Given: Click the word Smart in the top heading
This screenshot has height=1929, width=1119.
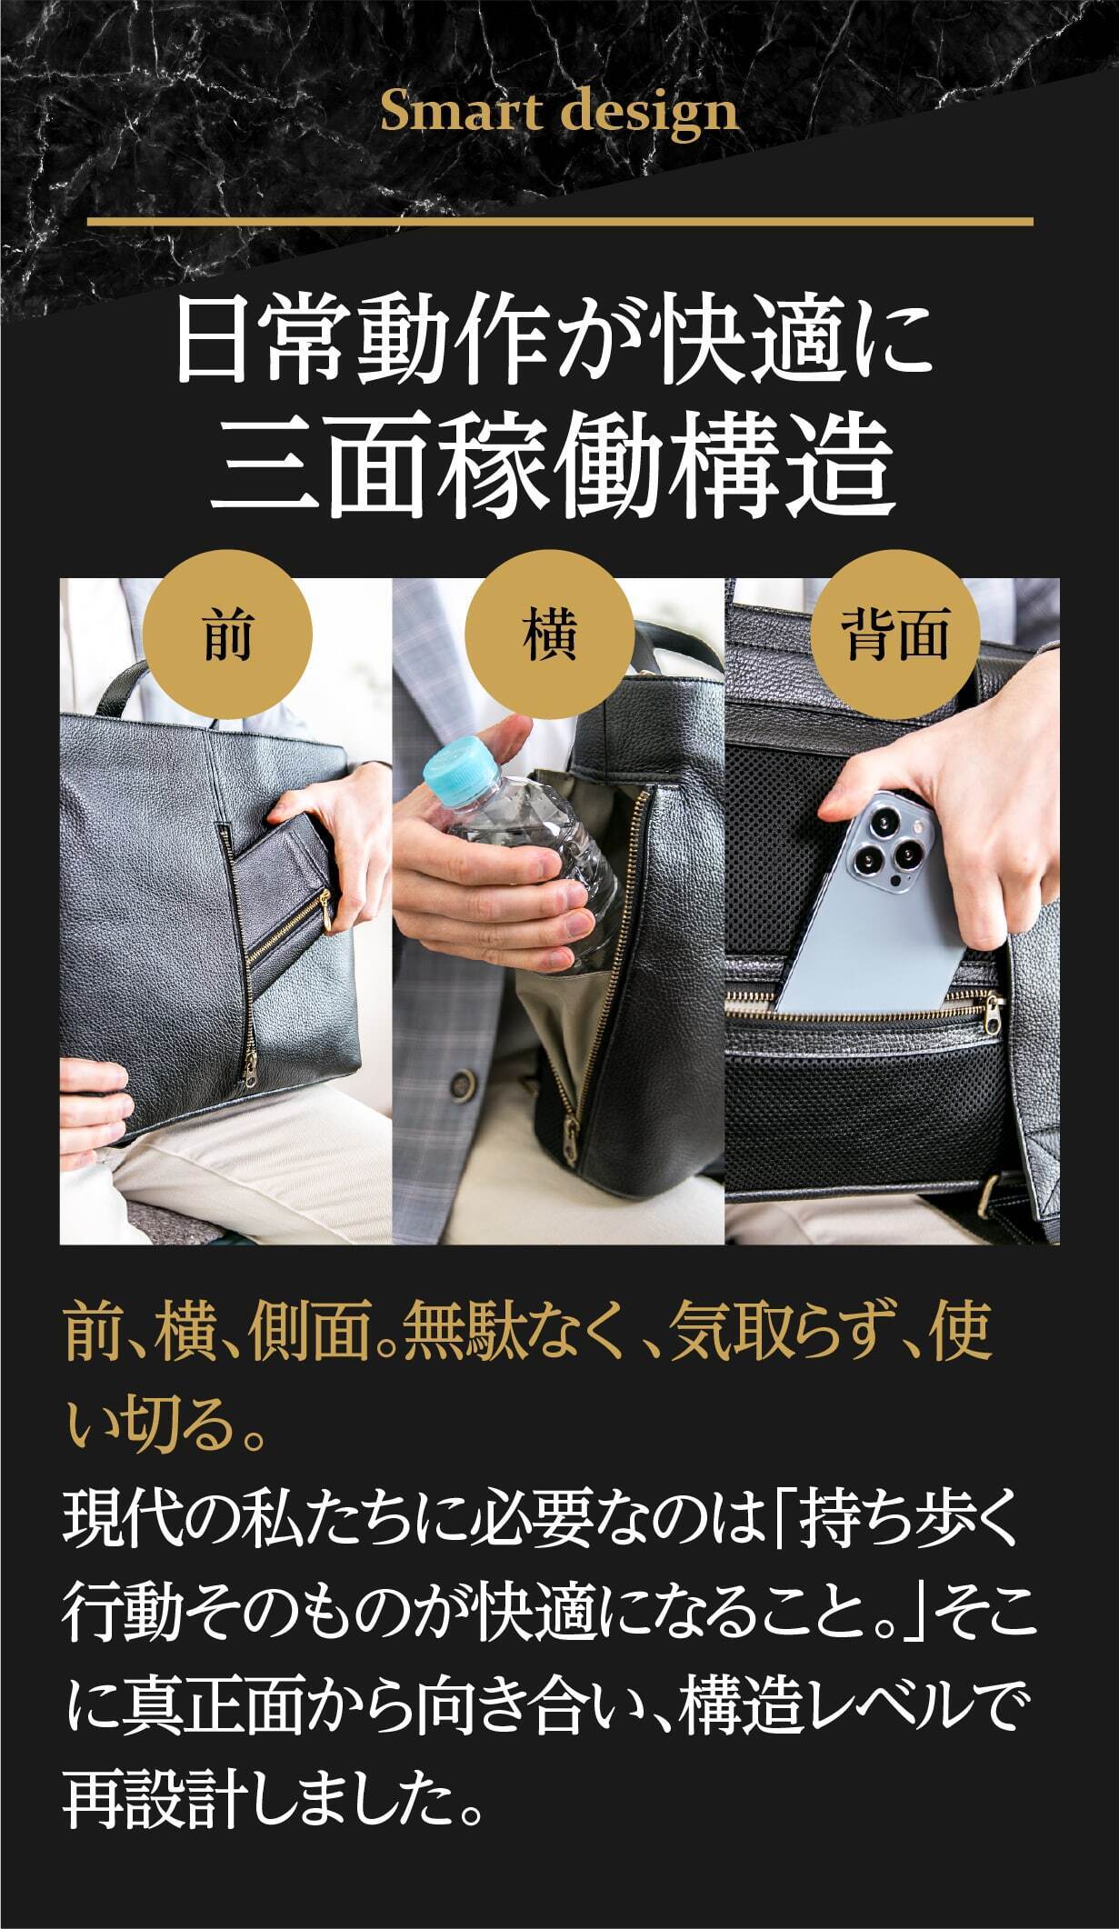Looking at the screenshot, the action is tap(461, 112).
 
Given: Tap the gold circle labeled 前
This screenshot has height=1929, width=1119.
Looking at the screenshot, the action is tap(228, 634).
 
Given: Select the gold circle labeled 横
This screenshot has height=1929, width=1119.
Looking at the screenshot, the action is tap(549, 634).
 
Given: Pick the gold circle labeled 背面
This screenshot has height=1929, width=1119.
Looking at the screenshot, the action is tap(895, 634).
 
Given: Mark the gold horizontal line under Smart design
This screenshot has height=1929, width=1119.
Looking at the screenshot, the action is tap(560, 221).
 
